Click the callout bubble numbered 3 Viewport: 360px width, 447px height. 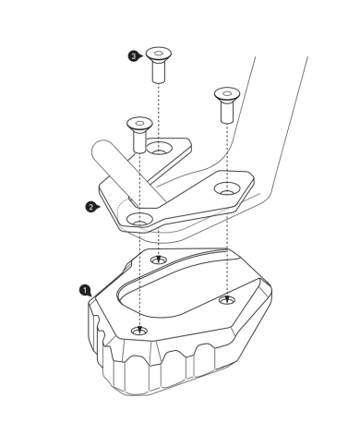pos(133,56)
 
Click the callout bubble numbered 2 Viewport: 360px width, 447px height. pos(90,207)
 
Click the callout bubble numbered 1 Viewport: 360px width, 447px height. pos(85,290)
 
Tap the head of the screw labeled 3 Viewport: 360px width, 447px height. pos(159,54)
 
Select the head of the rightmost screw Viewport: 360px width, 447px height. pos(227,94)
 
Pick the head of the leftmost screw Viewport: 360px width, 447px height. pos(139,124)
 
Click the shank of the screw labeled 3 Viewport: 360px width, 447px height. pos(159,72)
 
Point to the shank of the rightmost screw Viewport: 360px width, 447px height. pos(227,113)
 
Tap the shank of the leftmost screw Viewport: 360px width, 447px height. pos(139,142)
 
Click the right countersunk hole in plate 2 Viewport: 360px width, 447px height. pos(227,188)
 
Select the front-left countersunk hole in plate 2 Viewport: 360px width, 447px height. pos(140,219)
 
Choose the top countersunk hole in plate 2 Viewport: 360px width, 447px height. pos(159,148)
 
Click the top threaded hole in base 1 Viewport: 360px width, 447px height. pos(159,260)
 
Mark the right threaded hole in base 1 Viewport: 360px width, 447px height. pos(227,300)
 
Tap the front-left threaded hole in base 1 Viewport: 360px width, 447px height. pos(139,331)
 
